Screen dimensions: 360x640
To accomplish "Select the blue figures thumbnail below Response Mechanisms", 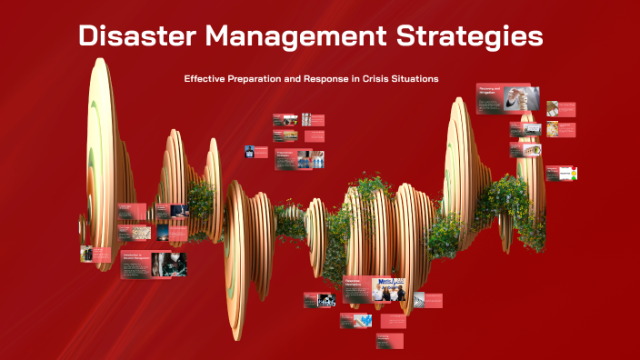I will tap(362, 320).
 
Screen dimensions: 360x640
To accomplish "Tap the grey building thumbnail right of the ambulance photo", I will tap(417, 300).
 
